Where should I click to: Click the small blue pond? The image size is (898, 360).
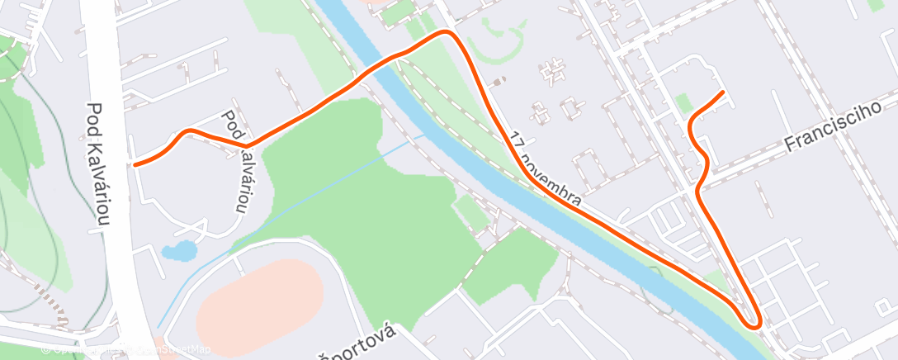coord(179,250)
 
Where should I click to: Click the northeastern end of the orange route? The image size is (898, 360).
coord(723,92)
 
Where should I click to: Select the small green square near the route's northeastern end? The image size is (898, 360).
coord(682,102)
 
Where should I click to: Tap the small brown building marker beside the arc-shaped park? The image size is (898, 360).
coord(498,82)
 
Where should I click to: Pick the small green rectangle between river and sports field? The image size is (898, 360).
coord(471,212)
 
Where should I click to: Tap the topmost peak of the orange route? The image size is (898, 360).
coord(447,32)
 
